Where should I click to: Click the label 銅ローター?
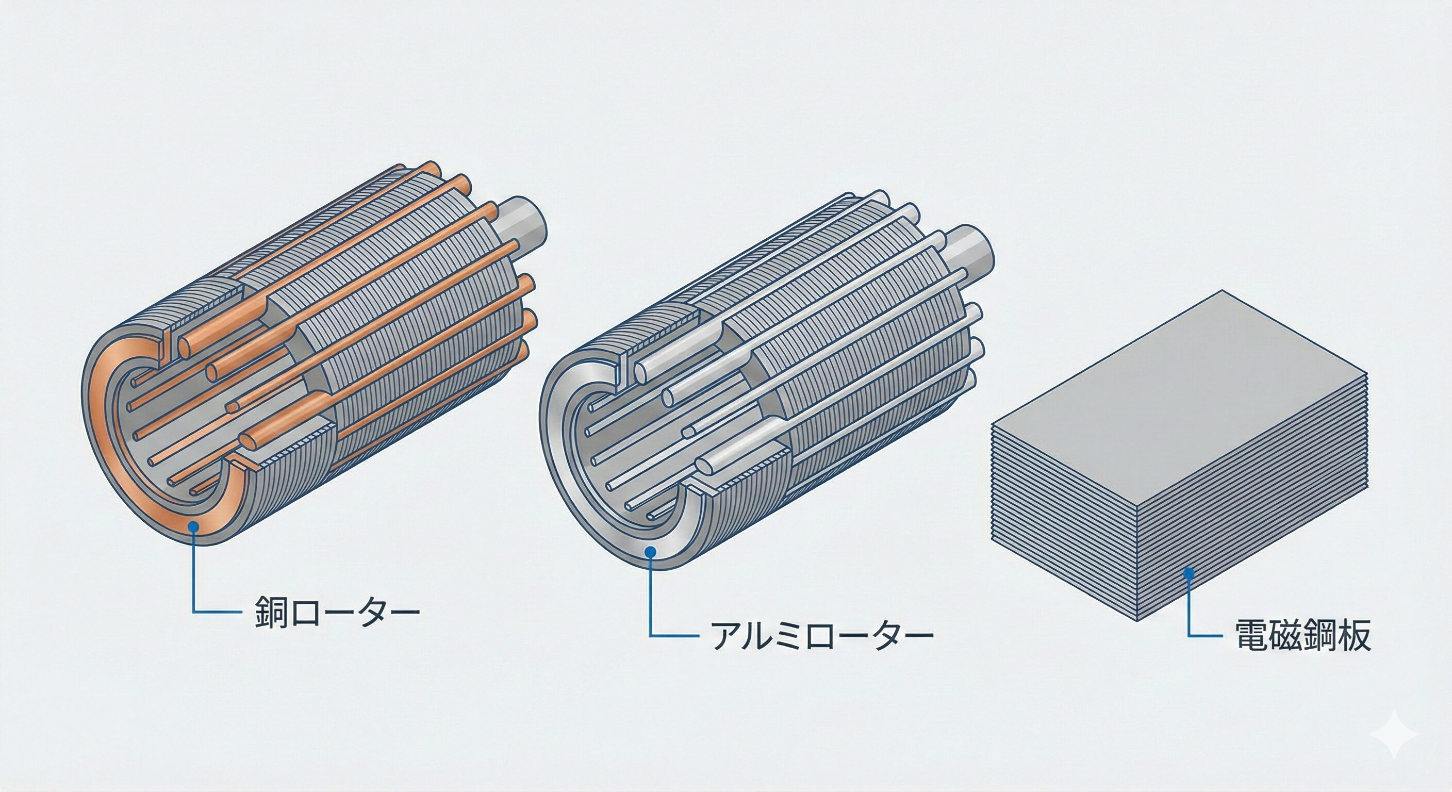pyautogui.click(x=337, y=610)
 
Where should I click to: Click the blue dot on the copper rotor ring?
pyautogui.click(x=194, y=526)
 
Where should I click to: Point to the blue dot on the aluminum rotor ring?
pyautogui.click(x=651, y=552)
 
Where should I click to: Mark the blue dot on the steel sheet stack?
pyautogui.click(x=1190, y=574)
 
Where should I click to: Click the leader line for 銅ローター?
pyautogui.click(x=194, y=581)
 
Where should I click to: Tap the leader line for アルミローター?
pyautogui.click(x=651, y=603)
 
